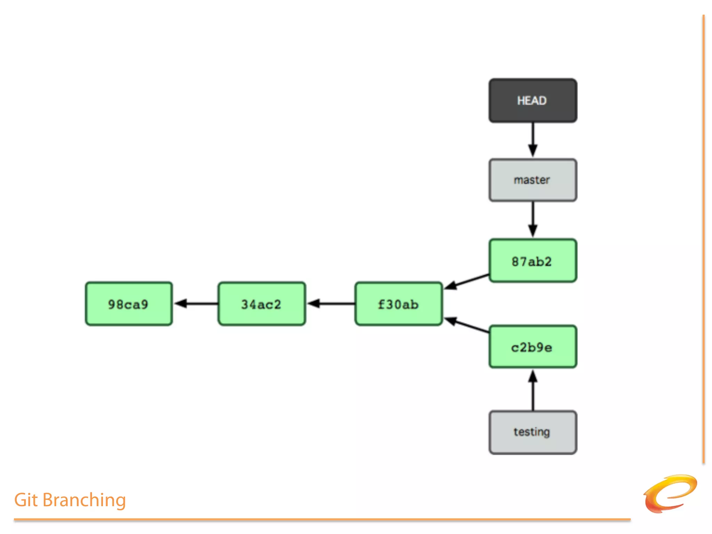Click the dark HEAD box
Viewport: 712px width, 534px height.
tap(533, 100)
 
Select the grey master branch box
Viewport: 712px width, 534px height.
tap(533, 180)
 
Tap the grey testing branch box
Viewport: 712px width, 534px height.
tap(533, 432)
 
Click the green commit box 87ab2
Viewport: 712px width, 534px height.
tap(533, 261)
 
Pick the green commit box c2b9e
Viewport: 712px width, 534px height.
tap(533, 347)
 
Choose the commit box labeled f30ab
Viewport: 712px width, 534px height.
tap(398, 304)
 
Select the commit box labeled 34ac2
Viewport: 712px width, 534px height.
tap(261, 304)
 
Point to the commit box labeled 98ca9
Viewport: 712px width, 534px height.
tap(129, 304)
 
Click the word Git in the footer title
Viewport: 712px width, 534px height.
tap(26, 500)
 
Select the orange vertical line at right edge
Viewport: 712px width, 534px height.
tap(703, 240)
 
